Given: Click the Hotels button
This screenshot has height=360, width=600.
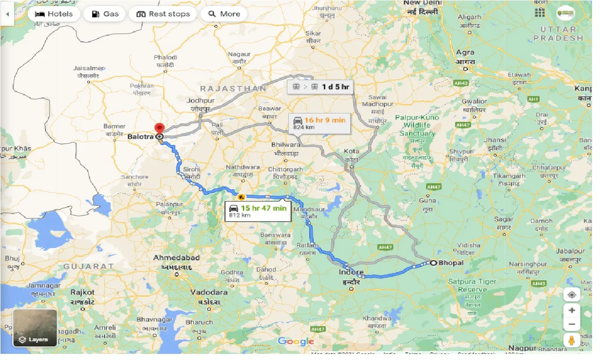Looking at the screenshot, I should (x=53, y=14).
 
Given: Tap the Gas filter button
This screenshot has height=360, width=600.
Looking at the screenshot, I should (x=104, y=14).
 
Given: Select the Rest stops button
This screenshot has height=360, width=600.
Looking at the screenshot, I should (x=163, y=14).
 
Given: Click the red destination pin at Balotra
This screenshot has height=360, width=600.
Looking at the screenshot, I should (x=159, y=128).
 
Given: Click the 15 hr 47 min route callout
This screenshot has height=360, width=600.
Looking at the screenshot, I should (x=257, y=211).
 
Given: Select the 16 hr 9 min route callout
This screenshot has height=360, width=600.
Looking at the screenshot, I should (x=319, y=123).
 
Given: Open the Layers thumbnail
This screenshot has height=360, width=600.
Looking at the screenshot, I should (x=35, y=328).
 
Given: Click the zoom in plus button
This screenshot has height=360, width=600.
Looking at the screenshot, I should (x=571, y=310).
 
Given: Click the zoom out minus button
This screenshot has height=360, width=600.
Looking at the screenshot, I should (x=571, y=324).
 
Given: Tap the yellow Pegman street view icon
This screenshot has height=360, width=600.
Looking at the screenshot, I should (x=571, y=340).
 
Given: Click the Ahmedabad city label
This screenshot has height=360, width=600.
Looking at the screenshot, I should (x=176, y=258).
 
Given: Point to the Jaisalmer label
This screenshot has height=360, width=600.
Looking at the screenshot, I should (x=88, y=68).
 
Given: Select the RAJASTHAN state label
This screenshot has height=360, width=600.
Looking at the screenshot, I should (x=233, y=89).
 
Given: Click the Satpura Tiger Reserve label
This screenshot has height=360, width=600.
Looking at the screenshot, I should (x=472, y=285).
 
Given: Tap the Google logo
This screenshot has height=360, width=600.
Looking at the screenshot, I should (x=296, y=341).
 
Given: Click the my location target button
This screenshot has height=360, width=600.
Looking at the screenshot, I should (x=571, y=295).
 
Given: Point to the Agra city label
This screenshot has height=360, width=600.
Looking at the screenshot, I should (x=465, y=53).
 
